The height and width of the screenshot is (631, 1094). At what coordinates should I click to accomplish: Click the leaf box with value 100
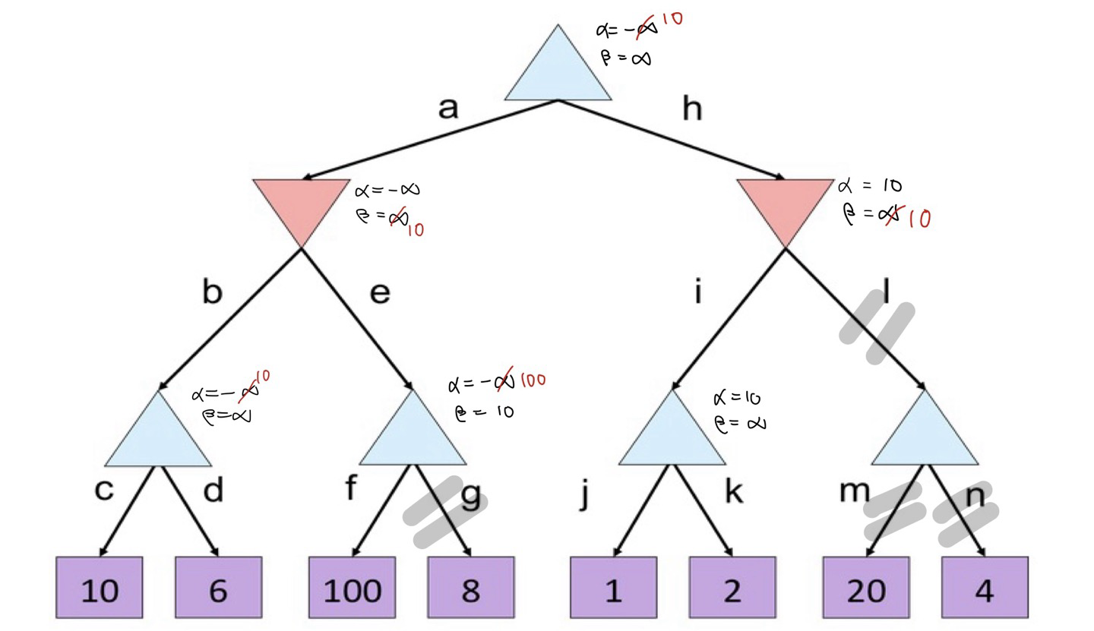[x=352, y=587]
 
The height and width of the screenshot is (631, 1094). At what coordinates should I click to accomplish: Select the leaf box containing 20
[x=866, y=587]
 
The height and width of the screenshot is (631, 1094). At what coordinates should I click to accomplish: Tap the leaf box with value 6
[x=218, y=587]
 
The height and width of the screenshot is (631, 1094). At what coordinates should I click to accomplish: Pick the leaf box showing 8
[x=470, y=587]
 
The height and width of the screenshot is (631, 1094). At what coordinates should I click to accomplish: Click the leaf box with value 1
[x=613, y=587]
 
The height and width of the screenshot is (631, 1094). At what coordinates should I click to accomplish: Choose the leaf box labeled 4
[x=985, y=587]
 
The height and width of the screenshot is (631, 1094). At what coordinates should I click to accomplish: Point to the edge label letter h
[x=691, y=109]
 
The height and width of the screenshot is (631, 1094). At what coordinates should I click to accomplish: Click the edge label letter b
[x=212, y=292]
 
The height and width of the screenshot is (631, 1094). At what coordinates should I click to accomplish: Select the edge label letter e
[x=380, y=292]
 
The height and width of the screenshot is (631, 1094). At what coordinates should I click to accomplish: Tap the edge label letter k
[x=733, y=491]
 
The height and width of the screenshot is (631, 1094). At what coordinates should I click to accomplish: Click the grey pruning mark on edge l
[x=877, y=330]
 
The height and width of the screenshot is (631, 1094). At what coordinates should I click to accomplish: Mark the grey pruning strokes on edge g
[x=444, y=513]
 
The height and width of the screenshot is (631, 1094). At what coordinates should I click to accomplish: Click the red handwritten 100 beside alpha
[x=533, y=380]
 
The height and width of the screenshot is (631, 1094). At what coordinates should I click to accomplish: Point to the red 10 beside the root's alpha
[x=672, y=18]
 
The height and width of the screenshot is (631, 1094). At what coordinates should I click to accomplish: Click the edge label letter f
[x=350, y=488]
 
